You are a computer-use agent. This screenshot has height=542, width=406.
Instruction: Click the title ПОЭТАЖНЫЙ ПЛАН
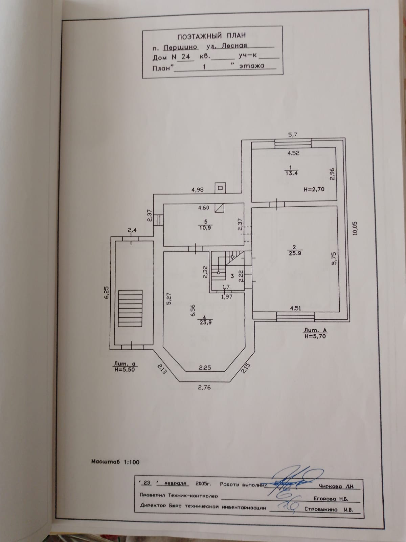[211, 35]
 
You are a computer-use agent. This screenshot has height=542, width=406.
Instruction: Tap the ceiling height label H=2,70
[314, 189]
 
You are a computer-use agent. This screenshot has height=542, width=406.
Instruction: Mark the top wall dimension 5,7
[292, 135]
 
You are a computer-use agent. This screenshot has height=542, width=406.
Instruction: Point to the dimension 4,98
[197, 190]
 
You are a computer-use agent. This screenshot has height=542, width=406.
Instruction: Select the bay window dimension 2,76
[204, 387]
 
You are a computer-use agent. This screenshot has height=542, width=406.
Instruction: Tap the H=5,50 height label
[124, 370]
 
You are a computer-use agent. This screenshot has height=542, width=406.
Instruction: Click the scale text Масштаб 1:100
[115, 462]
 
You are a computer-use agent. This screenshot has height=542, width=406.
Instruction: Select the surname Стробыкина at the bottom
[321, 509]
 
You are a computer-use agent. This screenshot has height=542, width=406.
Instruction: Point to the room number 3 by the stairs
[232, 276]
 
